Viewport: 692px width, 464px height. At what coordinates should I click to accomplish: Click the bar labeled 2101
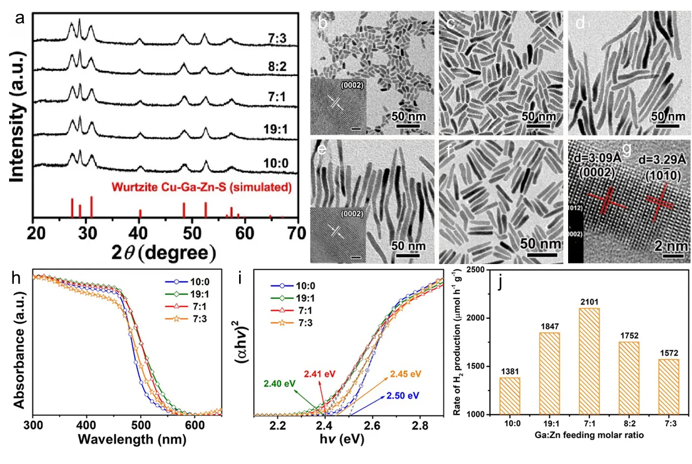[x=590, y=361]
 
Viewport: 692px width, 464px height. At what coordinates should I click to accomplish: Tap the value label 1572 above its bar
[x=669, y=353]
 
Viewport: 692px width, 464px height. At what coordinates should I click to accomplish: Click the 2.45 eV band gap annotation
[x=405, y=374]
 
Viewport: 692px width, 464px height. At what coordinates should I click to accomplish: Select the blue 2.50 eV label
[x=403, y=396]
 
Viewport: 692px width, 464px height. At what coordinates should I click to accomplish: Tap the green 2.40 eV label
[x=279, y=384]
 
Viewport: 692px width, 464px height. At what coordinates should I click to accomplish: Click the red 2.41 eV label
[x=319, y=374]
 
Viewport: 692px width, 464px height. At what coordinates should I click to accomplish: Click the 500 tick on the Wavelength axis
[x=141, y=425]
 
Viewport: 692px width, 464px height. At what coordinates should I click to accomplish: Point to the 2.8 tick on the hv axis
[x=419, y=425]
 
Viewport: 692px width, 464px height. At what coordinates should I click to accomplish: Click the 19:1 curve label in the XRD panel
[x=275, y=129]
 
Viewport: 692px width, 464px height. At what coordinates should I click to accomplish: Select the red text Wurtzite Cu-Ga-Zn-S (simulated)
[x=201, y=187]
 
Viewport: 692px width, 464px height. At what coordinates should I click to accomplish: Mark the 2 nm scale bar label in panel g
[x=671, y=246]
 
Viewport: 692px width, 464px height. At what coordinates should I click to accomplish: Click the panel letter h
[x=16, y=277]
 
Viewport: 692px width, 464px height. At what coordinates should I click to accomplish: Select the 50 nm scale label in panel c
[x=539, y=116]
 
